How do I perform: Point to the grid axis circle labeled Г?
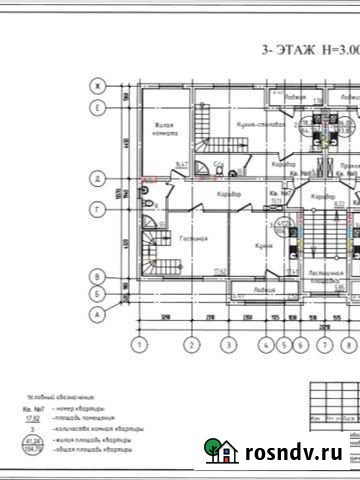point(98,210)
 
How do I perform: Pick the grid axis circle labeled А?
point(98,314)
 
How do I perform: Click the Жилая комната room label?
point(164,129)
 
